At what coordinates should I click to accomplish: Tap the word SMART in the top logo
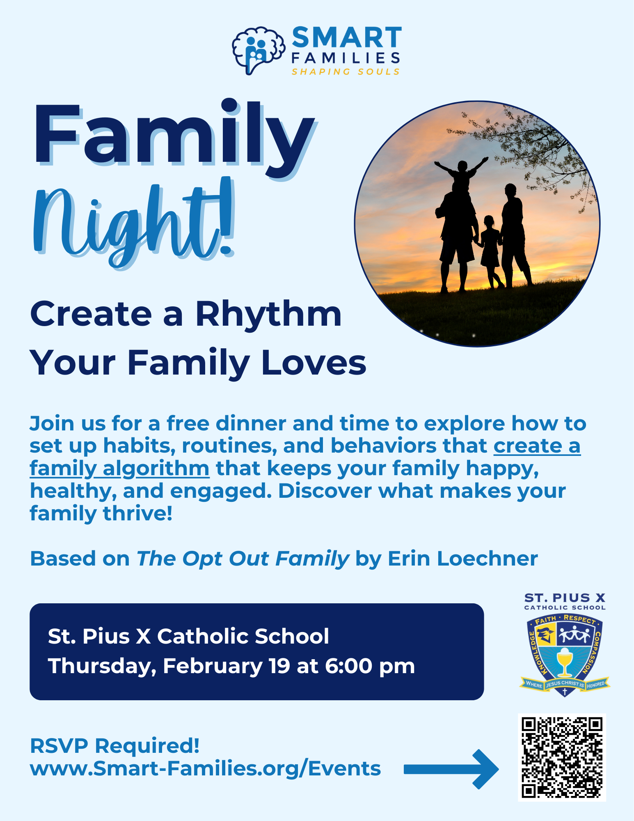tap(347, 38)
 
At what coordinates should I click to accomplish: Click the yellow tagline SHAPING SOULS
tap(346, 72)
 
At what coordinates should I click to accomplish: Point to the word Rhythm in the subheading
tap(268, 314)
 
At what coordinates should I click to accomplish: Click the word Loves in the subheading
tap(314, 363)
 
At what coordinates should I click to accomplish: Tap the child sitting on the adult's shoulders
tap(462, 172)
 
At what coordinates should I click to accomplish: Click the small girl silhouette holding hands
tap(490, 251)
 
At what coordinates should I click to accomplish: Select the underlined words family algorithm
tap(119, 469)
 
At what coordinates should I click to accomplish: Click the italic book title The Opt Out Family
tap(243, 559)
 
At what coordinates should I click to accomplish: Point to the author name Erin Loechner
tap(462, 559)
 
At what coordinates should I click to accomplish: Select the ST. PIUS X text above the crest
tap(565, 598)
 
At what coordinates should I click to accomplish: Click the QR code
tap(562, 758)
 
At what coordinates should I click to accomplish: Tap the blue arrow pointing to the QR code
tap(451, 769)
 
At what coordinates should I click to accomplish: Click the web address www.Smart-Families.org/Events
tap(205, 768)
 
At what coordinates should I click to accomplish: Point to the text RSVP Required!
tap(115, 745)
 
